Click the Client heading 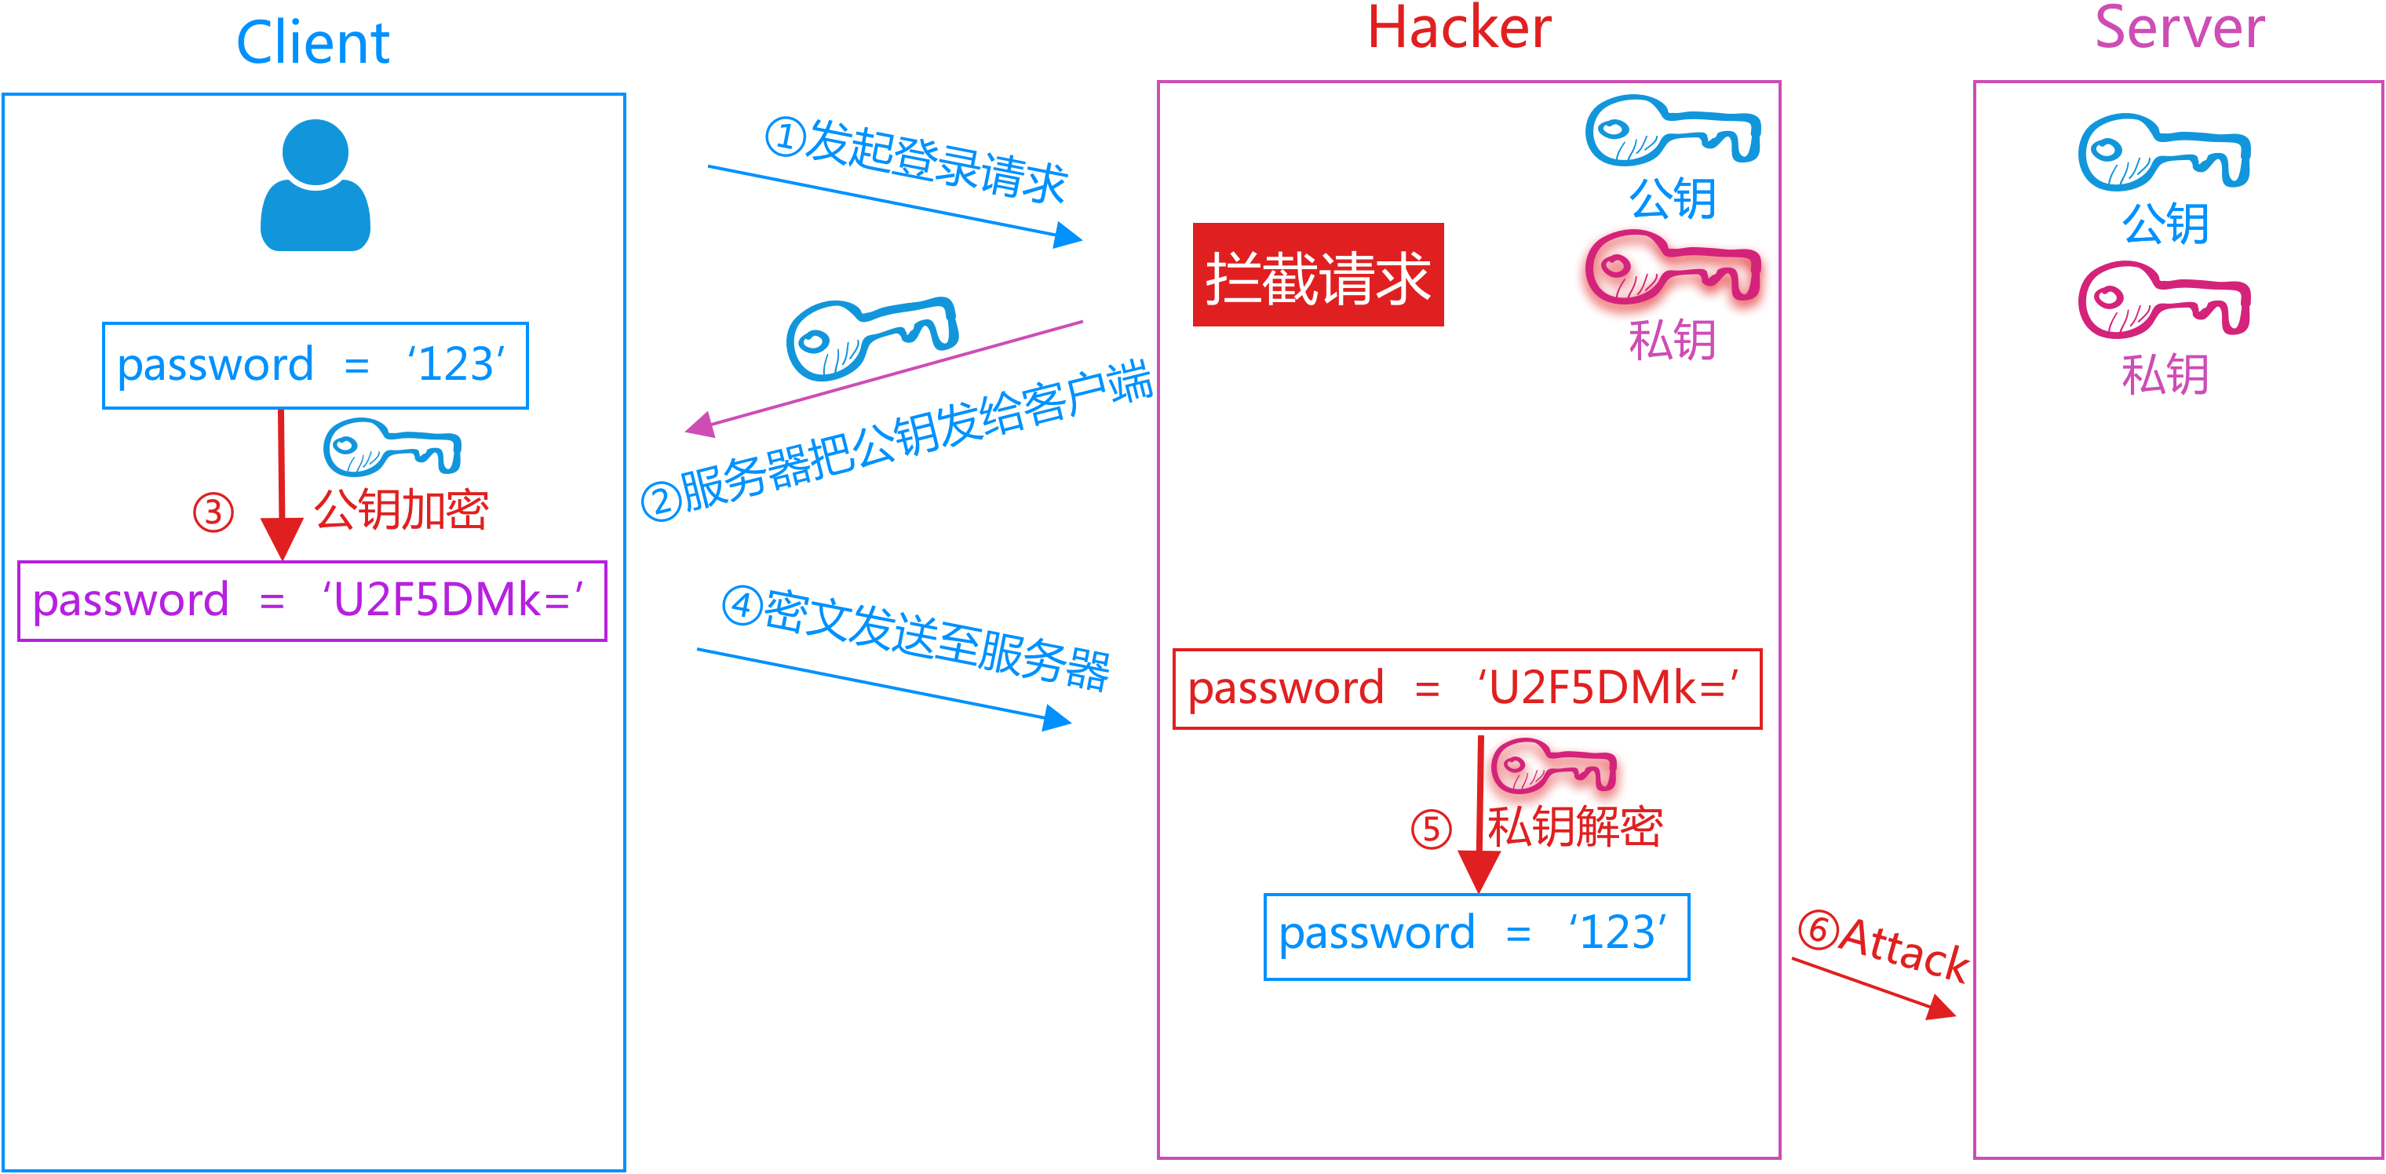313,42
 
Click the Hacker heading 1459,27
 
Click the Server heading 2180,27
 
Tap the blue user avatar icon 315,185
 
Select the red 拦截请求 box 1317,275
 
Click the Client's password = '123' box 315,365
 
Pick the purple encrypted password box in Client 312,600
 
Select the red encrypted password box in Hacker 1466,689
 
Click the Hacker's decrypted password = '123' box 1476,936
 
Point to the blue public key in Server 2163,153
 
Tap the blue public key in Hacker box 1672,132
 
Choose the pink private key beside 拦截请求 1672,268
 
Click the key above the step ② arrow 870,338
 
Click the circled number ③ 213,512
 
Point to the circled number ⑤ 1431,829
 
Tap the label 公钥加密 401,509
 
